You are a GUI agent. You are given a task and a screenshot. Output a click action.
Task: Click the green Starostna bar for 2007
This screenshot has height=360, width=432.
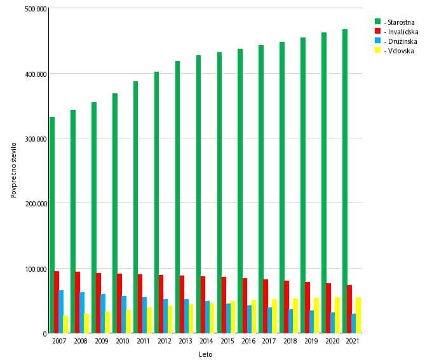coord(52,225)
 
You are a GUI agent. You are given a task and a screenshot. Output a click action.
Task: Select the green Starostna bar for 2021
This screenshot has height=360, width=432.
coord(344,182)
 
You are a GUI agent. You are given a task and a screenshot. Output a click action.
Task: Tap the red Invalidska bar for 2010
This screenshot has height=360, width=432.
coord(119,303)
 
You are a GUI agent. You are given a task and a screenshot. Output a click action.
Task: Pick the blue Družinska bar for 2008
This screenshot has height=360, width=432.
coord(82,312)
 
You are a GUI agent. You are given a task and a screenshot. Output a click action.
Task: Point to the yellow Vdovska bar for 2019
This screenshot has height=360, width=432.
coord(316,316)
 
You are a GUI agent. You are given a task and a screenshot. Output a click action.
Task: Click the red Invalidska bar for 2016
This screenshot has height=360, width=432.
coord(245,305)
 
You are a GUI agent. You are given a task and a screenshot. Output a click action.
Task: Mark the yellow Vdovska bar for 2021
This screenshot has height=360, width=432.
coord(358,315)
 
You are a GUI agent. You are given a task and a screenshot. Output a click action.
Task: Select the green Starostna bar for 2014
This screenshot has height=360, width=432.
coord(198,194)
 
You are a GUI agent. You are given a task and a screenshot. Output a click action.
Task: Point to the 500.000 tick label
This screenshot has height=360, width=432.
coord(36,10)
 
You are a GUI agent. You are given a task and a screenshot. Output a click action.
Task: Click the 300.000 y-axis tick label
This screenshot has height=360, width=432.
coord(36,139)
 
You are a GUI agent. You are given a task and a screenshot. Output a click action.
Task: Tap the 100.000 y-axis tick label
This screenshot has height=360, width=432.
coord(36,269)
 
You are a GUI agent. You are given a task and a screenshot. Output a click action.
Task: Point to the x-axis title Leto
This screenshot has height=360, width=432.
coord(205,354)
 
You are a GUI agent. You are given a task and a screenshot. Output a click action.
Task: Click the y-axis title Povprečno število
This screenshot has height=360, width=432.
coord(15,171)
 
